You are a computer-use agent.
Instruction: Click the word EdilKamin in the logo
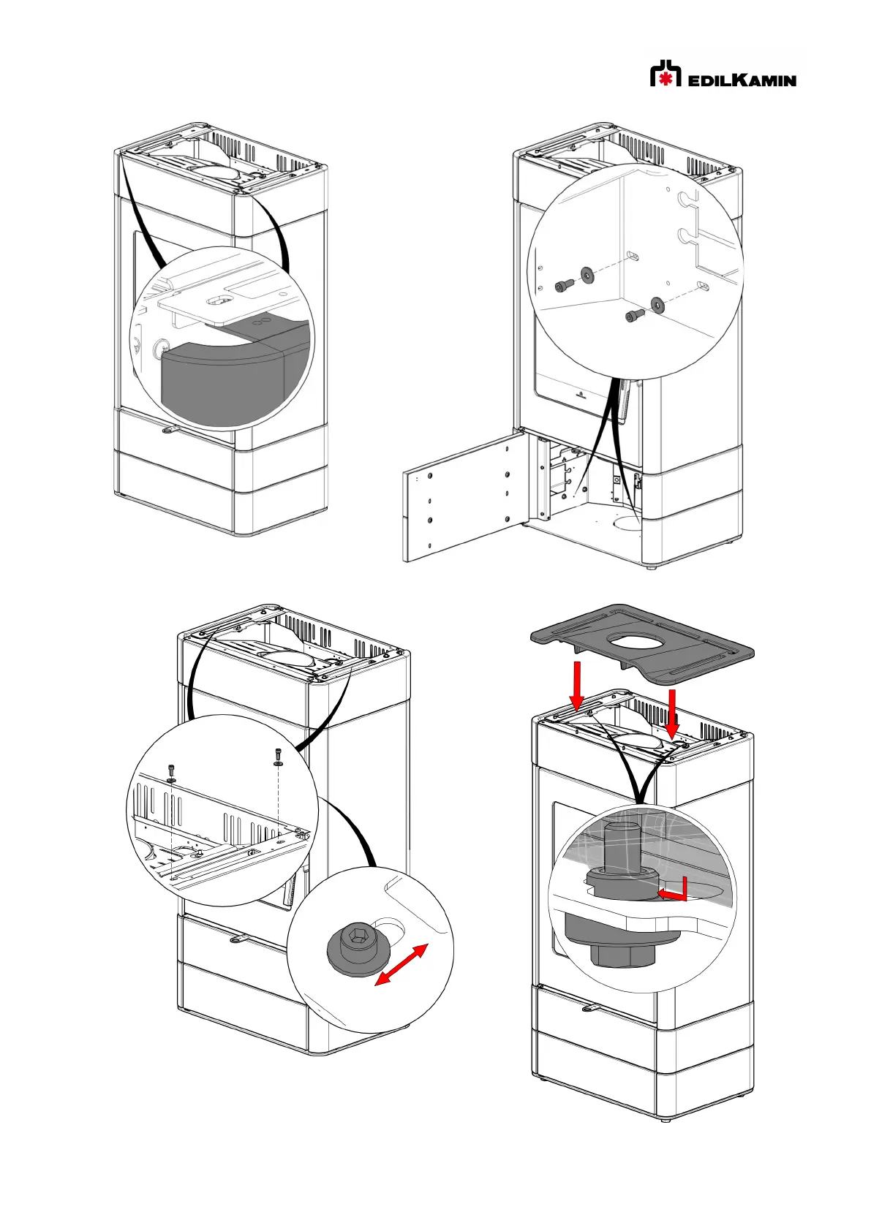pos(742,79)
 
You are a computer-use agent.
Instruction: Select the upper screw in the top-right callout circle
pos(564,285)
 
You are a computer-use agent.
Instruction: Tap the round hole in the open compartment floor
pos(626,525)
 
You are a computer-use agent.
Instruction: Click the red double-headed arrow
pos(401,965)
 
